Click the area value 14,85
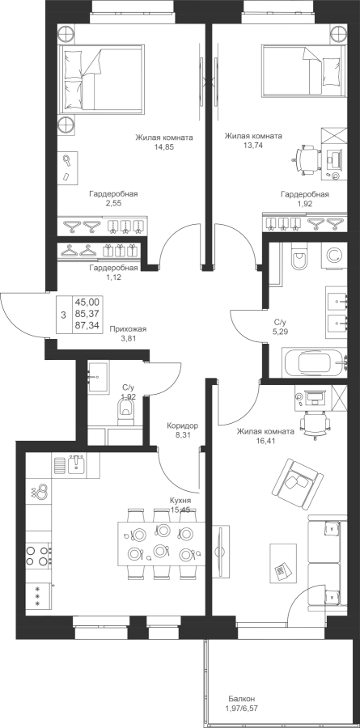(x=164, y=146)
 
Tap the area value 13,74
(x=253, y=146)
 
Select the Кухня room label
(x=180, y=502)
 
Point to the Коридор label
(x=183, y=425)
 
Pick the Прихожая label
(x=128, y=329)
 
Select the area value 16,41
(x=265, y=441)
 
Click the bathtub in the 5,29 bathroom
(x=315, y=363)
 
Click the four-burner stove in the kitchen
(x=38, y=556)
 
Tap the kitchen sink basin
(x=76, y=464)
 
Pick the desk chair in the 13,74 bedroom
(x=307, y=160)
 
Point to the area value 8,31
(x=183, y=434)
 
